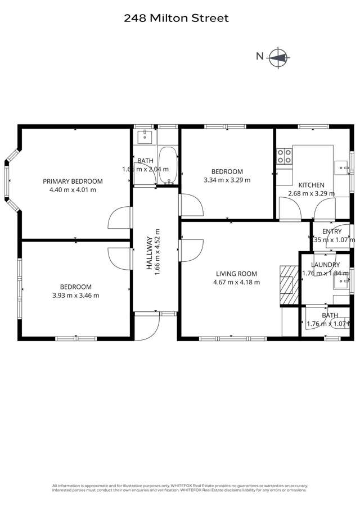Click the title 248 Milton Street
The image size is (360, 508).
(x=176, y=19)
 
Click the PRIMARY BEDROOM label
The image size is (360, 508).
(x=73, y=181)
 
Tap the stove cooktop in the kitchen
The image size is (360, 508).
(x=283, y=156)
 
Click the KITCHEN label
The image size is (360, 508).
(x=311, y=185)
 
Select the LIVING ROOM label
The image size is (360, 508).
(x=236, y=274)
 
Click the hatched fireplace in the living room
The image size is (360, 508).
(x=288, y=279)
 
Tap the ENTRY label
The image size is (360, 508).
(x=332, y=232)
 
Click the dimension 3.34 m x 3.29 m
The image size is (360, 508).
(x=227, y=180)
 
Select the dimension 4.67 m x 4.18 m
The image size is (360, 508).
(x=236, y=282)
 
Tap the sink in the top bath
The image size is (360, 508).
(x=145, y=135)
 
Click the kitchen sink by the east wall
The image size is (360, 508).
(x=341, y=166)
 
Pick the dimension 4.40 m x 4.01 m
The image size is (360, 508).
(x=73, y=190)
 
